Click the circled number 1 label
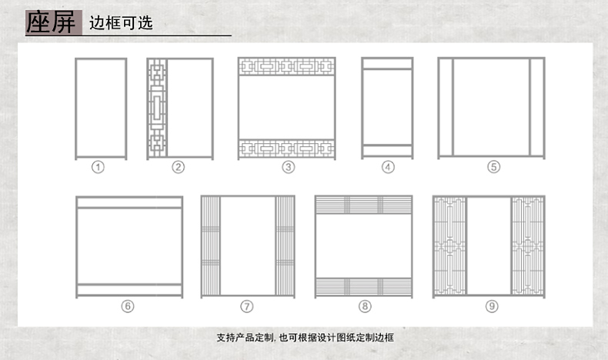(x=98, y=167)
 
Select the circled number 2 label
(x=178, y=167)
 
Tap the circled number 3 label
(x=288, y=167)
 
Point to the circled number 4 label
(x=388, y=167)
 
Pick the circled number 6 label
(x=128, y=306)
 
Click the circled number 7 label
(x=247, y=306)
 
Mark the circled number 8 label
(x=365, y=306)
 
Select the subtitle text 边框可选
(x=121, y=22)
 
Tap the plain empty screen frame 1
(x=100, y=108)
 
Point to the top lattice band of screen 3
(x=287, y=66)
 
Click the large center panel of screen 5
(x=491, y=108)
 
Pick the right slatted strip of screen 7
(x=285, y=246)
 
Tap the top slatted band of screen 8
(x=365, y=205)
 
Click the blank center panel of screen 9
(x=489, y=246)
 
